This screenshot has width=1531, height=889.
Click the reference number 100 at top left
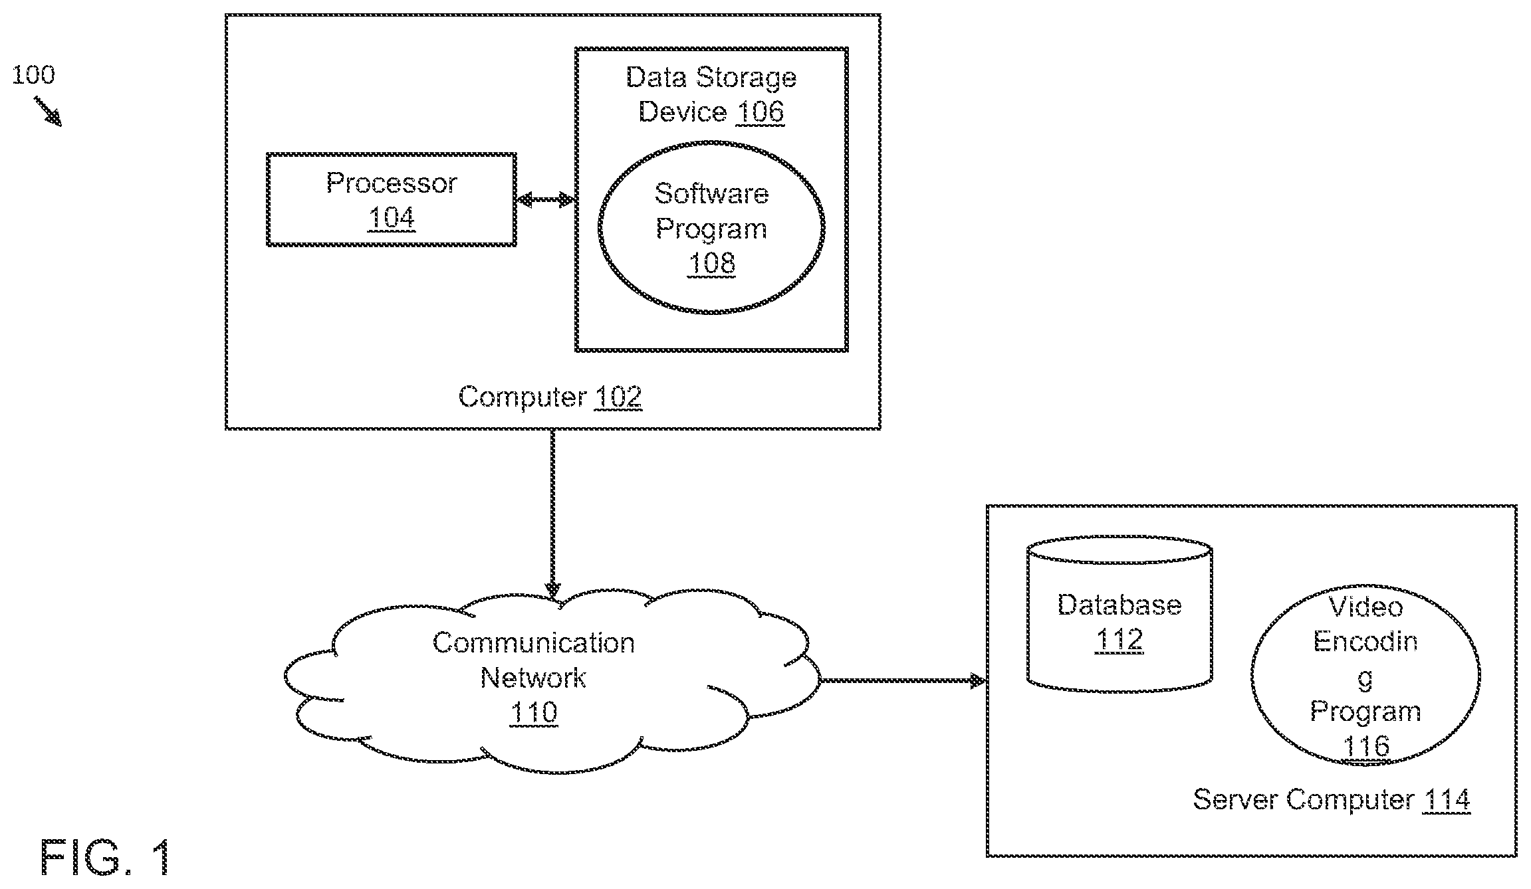point(33,74)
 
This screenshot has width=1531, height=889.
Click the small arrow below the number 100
point(48,111)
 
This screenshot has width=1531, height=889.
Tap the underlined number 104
point(392,218)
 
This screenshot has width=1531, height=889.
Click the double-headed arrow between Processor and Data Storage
point(546,199)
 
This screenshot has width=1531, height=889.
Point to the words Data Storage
point(711,78)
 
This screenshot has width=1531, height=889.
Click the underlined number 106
point(761,112)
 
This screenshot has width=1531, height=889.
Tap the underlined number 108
point(711,264)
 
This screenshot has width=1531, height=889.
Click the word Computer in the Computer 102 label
point(522,397)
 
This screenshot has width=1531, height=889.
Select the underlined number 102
point(618,397)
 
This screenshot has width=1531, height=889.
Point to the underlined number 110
point(534,713)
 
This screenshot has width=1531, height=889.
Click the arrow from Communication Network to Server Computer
point(902,680)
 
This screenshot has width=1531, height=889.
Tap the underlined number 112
point(1119,640)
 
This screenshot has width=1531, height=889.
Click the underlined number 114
point(1447,799)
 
